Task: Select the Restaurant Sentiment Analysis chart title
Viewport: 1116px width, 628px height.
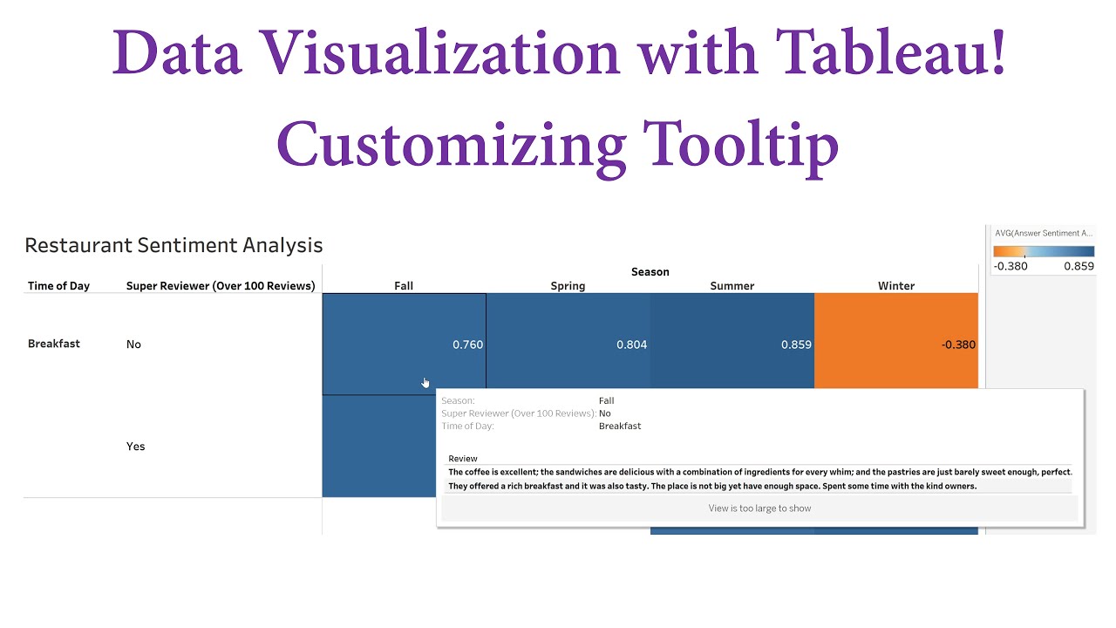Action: click(174, 246)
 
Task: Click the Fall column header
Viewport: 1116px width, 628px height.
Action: click(404, 286)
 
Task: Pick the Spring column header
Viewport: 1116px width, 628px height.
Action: click(568, 286)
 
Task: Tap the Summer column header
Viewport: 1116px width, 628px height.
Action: click(732, 286)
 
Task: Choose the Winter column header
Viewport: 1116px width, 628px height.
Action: click(896, 286)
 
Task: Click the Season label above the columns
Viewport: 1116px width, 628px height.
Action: click(650, 272)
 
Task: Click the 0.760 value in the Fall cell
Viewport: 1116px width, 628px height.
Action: click(467, 345)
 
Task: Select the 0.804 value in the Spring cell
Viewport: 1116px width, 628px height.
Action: click(631, 345)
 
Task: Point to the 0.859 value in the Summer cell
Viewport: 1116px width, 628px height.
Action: click(796, 345)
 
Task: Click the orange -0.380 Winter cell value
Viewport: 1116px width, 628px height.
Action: click(958, 345)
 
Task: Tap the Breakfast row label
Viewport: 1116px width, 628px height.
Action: click(54, 344)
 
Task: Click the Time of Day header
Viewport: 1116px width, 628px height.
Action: click(58, 286)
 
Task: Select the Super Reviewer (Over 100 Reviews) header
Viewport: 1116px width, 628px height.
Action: click(221, 286)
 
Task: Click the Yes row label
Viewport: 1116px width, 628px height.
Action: click(135, 447)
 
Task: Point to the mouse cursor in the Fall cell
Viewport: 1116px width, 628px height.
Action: click(425, 383)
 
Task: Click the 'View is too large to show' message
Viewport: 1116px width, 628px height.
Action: click(759, 509)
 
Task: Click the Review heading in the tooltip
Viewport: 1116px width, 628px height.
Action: click(463, 459)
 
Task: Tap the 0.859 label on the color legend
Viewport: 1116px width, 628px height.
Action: click(1079, 266)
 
